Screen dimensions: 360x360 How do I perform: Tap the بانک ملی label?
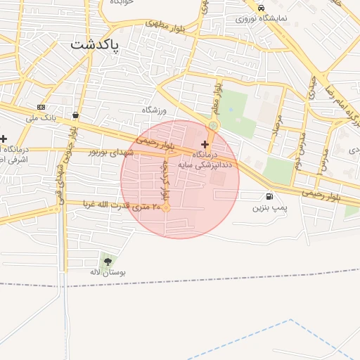point(40,117)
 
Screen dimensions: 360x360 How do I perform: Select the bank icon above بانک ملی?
point(41,107)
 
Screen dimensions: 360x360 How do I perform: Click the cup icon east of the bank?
point(75,115)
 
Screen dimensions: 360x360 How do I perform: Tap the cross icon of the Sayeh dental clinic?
point(205,143)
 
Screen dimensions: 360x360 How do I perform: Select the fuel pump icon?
point(269,196)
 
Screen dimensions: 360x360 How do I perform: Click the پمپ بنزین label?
point(270,207)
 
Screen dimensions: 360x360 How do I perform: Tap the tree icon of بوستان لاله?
point(108,262)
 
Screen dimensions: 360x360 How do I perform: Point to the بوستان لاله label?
point(109,272)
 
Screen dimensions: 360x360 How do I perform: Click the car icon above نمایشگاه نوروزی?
point(261,8)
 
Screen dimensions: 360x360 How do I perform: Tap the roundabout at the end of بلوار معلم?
point(212,127)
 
